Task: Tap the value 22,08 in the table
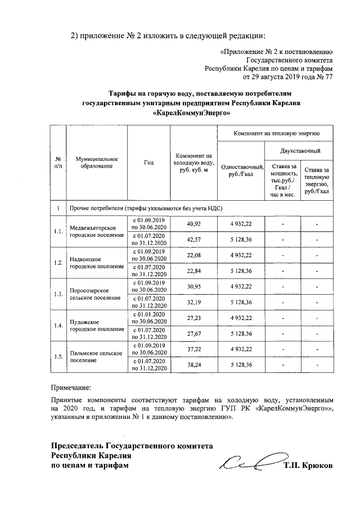pyautogui.click(x=193, y=255)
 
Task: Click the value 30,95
pyautogui.click(x=193, y=286)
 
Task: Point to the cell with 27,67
pyautogui.click(x=193, y=333)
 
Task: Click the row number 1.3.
pyautogui.click(x=57, y=294)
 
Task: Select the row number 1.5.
pyautogui.click(x=57, y=357)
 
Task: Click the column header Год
pyautogui.click(x=148, y=163)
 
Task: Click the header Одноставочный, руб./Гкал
pyautogui.click(x=240, y=170)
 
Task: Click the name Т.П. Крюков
pyautogui.click(x=308, y=466)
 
